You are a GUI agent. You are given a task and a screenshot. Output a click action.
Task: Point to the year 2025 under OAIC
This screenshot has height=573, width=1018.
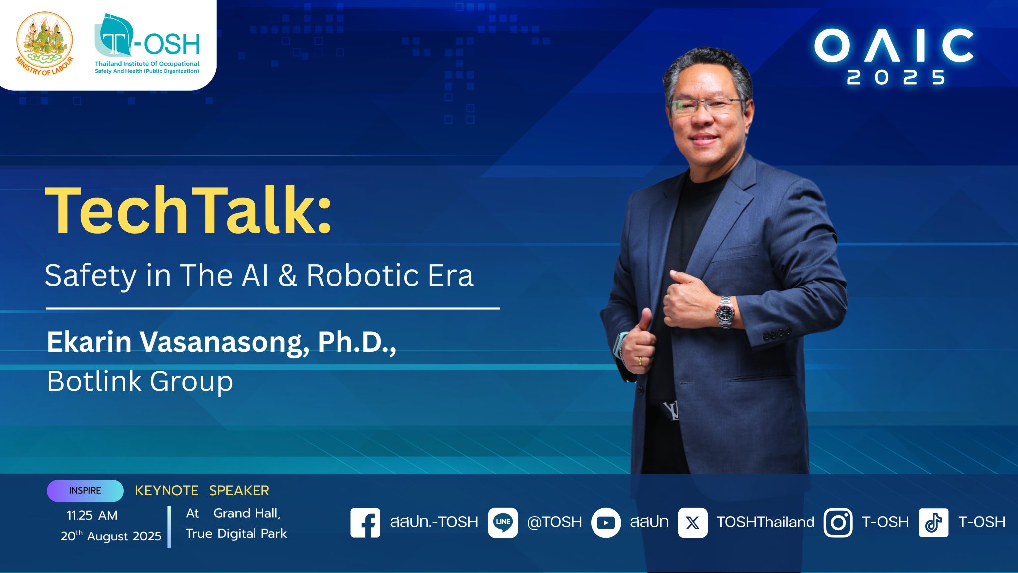[896, 77]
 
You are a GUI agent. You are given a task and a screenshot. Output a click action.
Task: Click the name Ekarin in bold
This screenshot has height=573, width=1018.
[89, 342]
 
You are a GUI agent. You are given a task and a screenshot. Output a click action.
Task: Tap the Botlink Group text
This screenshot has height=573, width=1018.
[140, 382]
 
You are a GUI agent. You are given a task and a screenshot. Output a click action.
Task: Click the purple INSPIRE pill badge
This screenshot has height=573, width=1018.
[85, 491]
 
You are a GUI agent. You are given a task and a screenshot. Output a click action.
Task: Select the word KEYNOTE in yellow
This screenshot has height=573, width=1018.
[167, 491]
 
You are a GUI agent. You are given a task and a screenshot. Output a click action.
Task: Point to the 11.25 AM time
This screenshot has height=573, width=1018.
[92, 515]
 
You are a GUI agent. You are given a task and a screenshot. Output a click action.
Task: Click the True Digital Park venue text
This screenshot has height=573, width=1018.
[236, 534]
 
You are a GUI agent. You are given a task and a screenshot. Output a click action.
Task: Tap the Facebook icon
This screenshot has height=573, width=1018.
[365, 522]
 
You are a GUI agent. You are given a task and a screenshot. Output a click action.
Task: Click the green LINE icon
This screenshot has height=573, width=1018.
[503, 522]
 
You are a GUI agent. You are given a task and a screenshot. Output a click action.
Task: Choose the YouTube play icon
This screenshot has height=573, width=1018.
[606, 522]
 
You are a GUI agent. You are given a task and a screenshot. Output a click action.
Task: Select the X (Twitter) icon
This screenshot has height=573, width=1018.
[692, 522]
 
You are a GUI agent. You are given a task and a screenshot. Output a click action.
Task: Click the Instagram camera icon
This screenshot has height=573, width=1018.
[838, 522]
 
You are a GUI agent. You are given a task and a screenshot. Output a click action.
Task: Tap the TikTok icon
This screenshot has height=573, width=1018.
[933, 522]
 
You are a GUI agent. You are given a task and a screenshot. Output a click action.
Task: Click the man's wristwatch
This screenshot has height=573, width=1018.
[725, 312]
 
